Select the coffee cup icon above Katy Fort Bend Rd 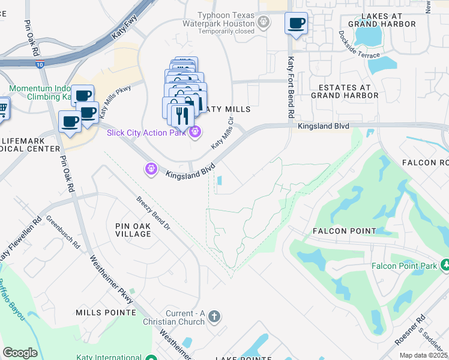point(295,24)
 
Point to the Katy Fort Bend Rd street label point(291,87)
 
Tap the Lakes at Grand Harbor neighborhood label point(388,19)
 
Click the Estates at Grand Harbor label point(345,91)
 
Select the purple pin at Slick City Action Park point(194,132)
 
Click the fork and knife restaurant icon point(182,115)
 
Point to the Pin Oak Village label point(133,229)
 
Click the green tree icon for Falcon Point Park point(445,265)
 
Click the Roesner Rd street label point(409,331)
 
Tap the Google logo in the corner point(20,353)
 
